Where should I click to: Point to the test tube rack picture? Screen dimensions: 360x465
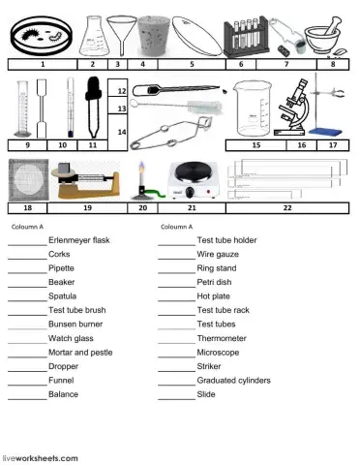(246, 38)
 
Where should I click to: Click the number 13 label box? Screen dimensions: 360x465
(121, 109)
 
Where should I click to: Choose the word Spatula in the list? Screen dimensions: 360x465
(62, 296)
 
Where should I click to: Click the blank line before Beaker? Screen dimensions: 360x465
(26, 282)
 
